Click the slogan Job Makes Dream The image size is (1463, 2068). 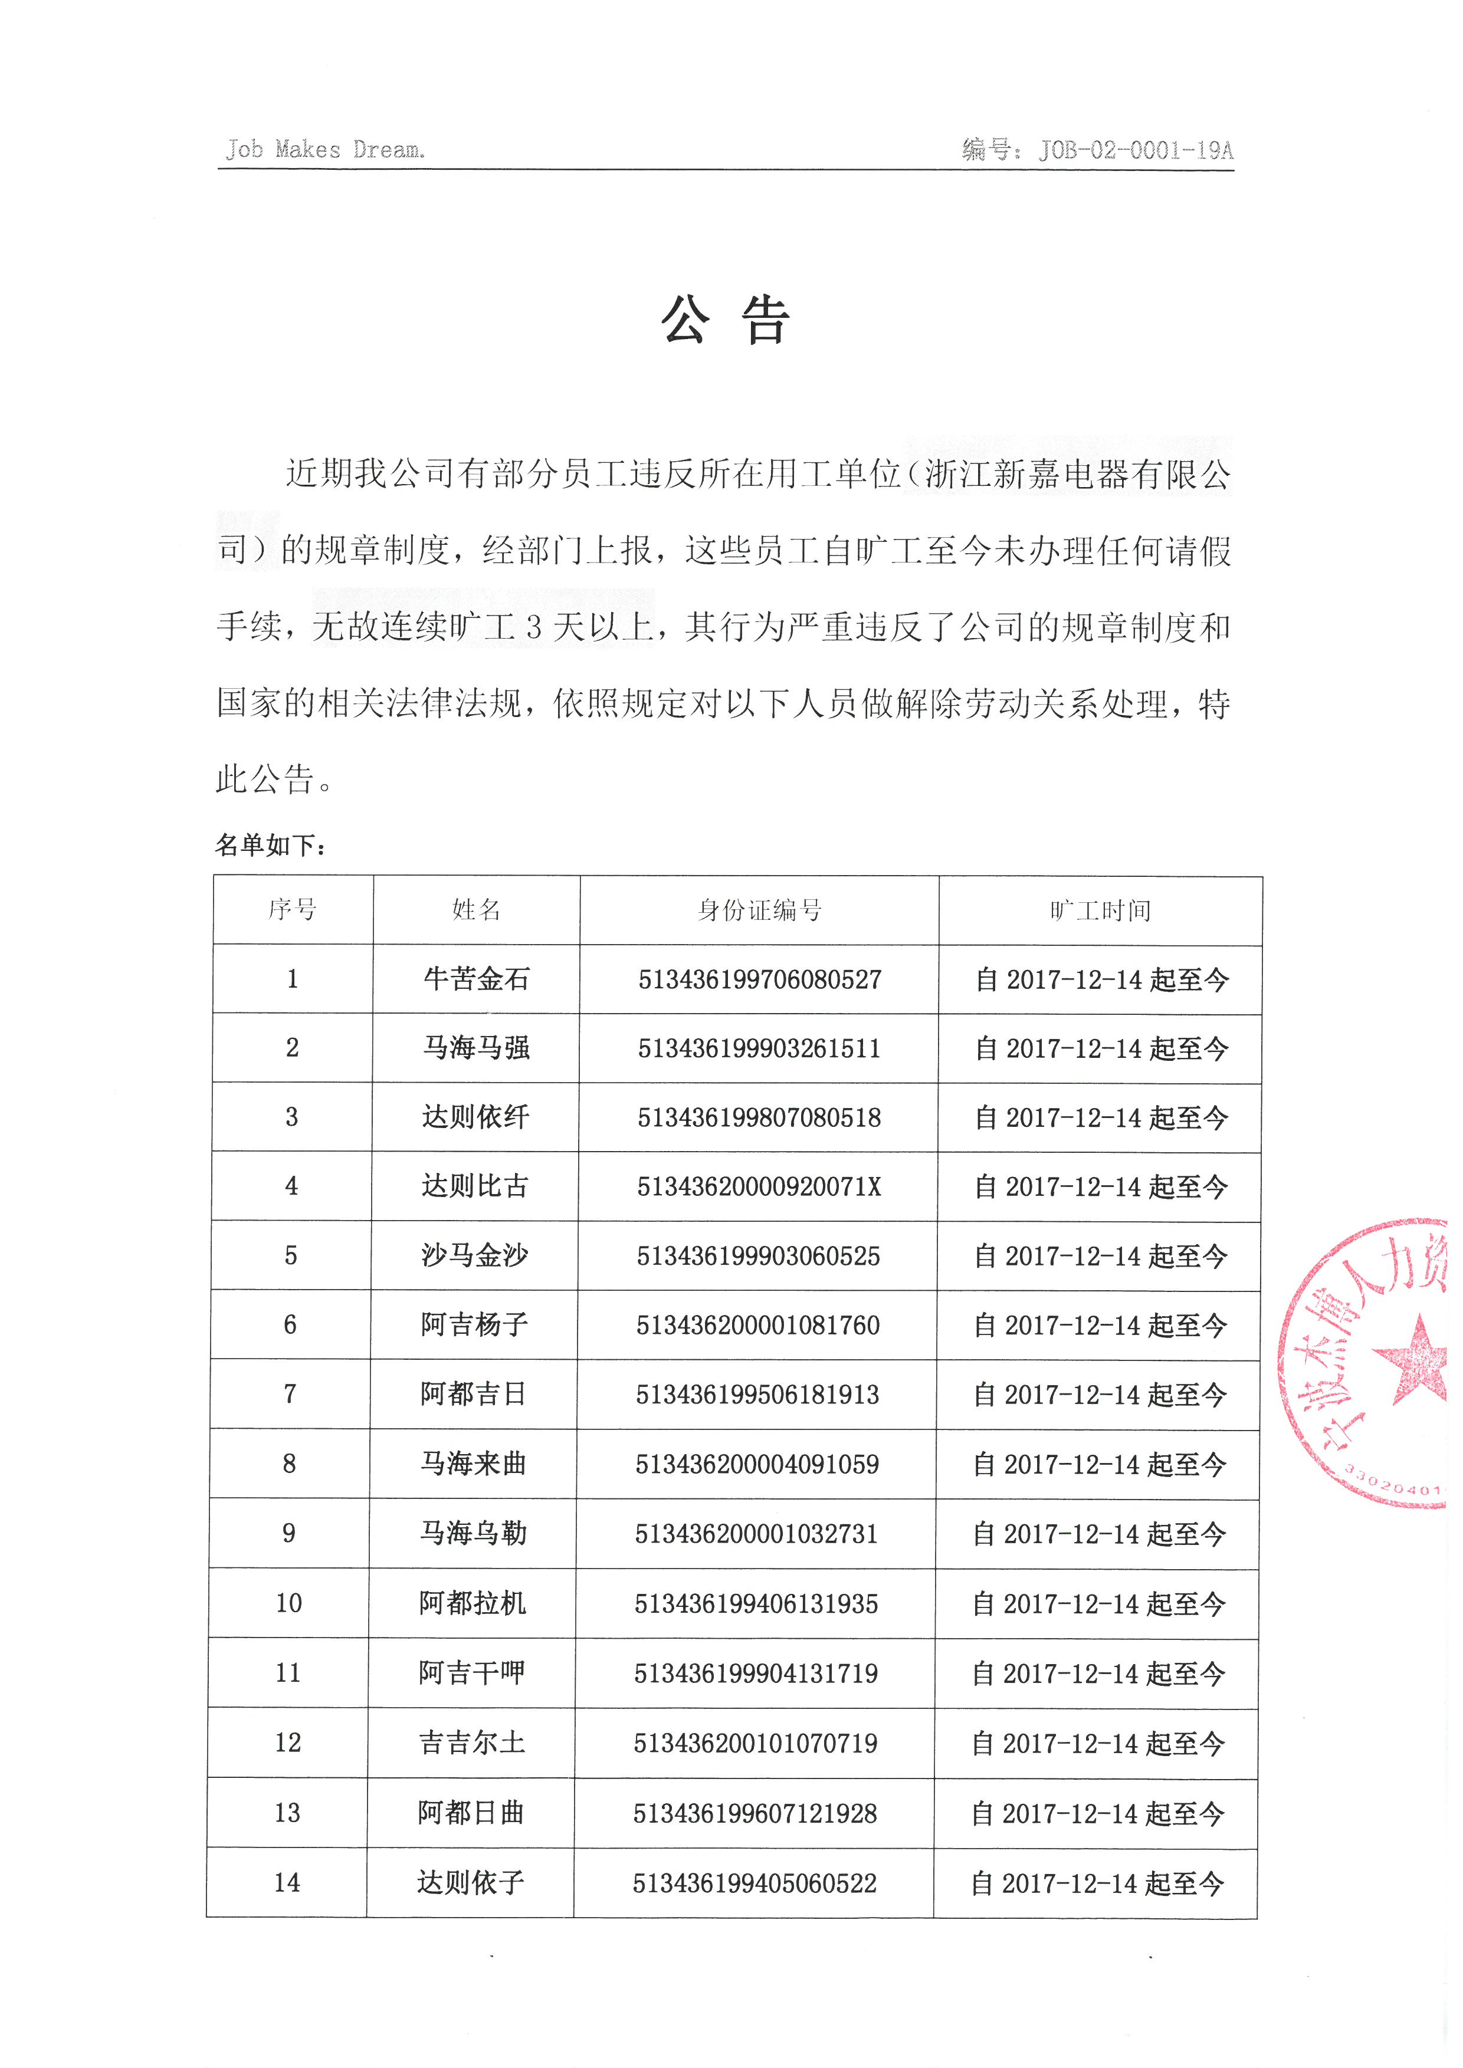(325, 150)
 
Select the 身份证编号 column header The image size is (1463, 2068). (759, 910)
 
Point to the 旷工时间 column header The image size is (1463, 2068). (1100, 910)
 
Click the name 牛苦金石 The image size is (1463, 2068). (477, 979)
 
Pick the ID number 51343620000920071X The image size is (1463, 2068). (759, 1187)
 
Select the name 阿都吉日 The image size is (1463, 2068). (473, 1394)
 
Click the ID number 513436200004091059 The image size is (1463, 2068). (757, 1465)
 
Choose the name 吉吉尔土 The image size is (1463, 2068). (471, 1743)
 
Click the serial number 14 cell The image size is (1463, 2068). (287, 1882)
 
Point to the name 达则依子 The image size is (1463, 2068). (470, 1882)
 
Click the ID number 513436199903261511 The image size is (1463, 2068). (759, 1048)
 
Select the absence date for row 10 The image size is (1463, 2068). (1098, 1604)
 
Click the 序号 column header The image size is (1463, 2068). (292, 910)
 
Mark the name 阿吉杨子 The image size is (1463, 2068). (474, 1325)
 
